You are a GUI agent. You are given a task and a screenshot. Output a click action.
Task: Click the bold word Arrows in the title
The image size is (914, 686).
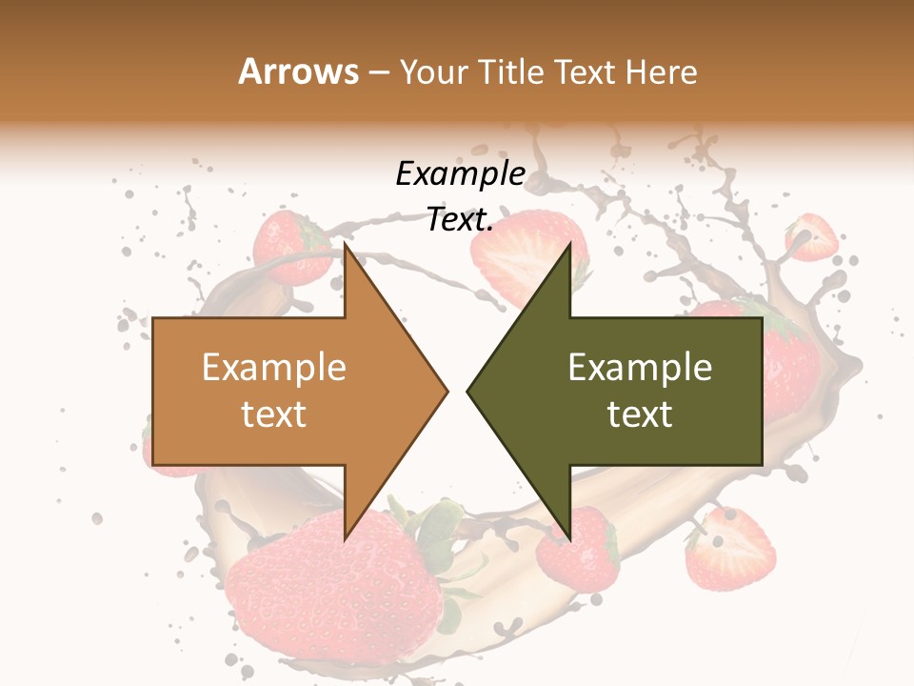point(298,71)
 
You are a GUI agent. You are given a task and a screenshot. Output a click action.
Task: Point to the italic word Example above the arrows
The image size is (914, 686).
point(460,173)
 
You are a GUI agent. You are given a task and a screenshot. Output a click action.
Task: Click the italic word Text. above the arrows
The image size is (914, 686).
point(460,219)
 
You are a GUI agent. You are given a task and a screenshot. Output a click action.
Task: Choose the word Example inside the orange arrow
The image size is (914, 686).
point(273,367)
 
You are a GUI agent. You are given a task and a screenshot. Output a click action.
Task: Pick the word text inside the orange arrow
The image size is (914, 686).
point(273,414)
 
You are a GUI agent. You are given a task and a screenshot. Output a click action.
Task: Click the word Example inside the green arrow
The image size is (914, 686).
point(640,367)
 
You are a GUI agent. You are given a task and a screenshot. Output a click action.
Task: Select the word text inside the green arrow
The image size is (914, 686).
point(640,414)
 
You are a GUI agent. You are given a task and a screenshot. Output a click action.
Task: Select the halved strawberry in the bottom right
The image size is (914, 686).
point(731,548)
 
